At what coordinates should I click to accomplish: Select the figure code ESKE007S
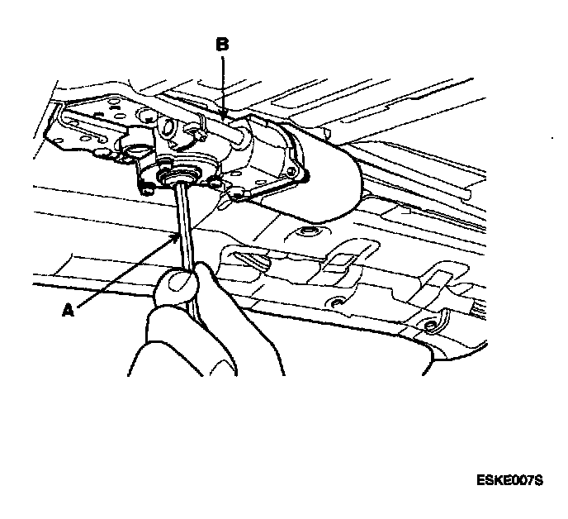(509, 480)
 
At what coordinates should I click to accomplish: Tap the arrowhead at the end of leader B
(223, 117)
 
